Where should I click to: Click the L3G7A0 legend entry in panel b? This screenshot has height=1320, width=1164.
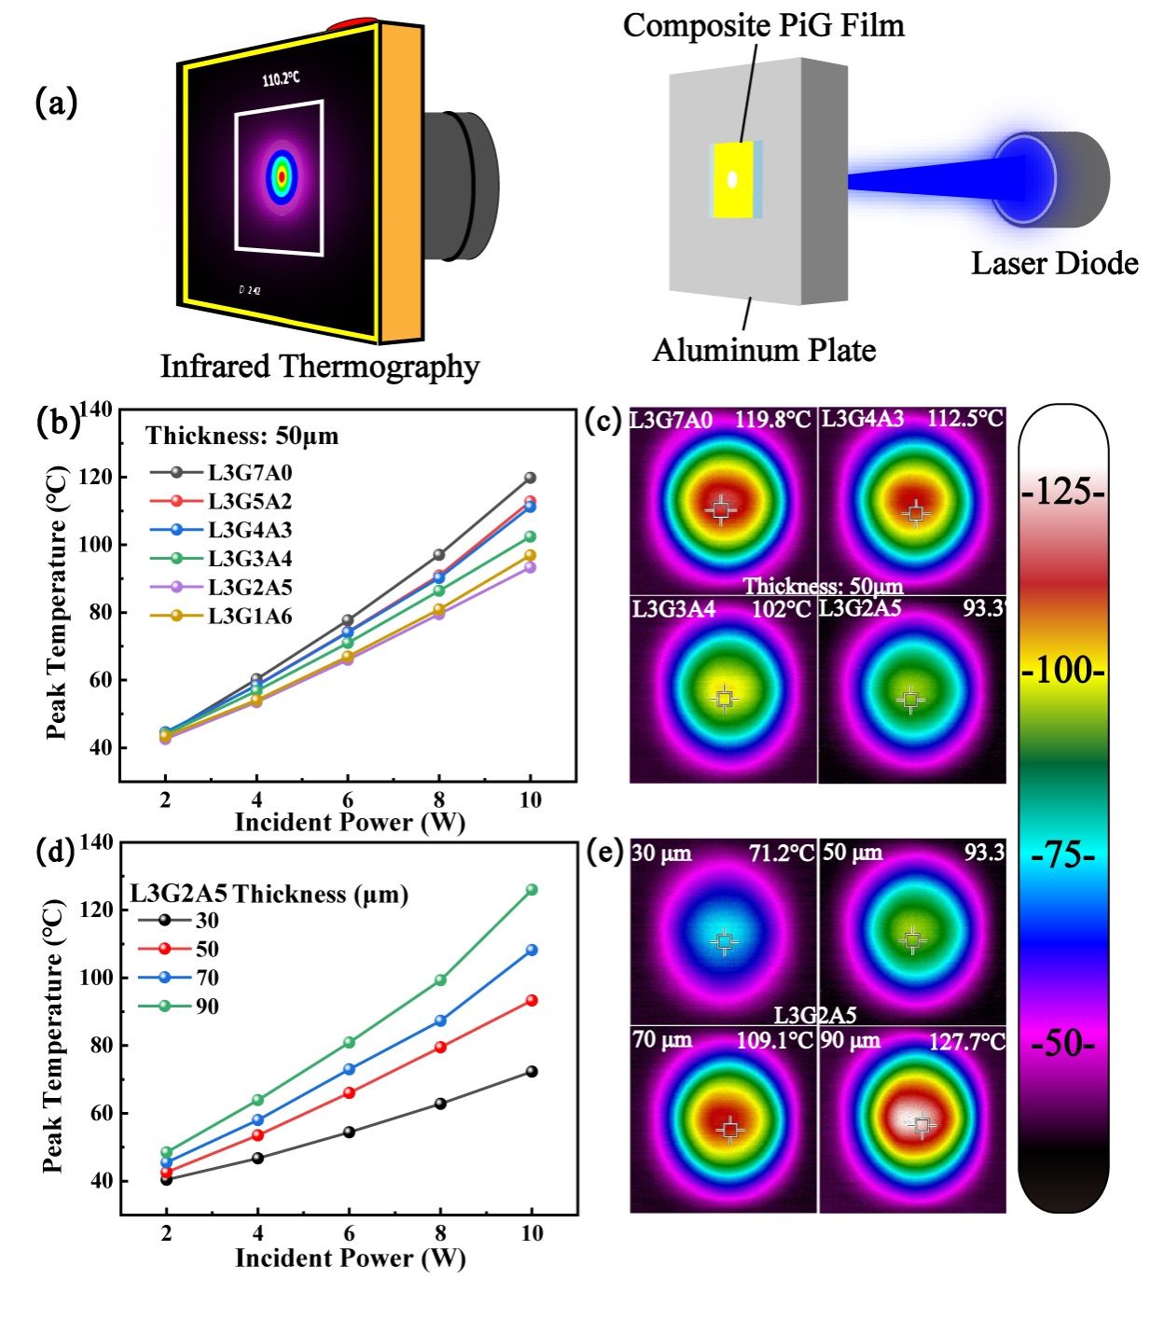coord(249,473)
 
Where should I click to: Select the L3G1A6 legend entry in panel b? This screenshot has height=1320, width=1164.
coord(249,617)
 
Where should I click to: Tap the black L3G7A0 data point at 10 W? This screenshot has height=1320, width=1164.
coord(531,478)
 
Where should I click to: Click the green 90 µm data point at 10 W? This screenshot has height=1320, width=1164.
coord(532,890)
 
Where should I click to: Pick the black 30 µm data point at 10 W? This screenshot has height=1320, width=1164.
coord(532,1072)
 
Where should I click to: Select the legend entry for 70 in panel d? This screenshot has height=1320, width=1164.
coord(207,978)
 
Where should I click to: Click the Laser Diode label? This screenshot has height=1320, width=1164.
coord(1055,264)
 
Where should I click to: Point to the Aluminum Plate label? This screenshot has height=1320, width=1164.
coord(764,351)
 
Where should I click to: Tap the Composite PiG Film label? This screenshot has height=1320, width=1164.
coord(763,25)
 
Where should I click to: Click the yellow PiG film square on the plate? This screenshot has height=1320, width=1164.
coord(733,180)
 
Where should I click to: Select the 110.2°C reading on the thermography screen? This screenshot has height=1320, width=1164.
coord(281,78)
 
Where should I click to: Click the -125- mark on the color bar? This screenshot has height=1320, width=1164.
coord(1062,492)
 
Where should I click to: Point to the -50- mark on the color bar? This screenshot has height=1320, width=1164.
coord(1062,1042)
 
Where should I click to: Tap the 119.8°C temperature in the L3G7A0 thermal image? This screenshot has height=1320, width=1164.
coord(772,420)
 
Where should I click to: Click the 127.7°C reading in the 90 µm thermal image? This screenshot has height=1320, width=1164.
coord(966,1041)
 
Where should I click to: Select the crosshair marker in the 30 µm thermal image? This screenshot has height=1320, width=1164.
coord(724,942)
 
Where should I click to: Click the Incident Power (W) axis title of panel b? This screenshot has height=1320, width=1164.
coord(350,823)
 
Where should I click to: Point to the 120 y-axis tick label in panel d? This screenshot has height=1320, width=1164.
coord(95,910)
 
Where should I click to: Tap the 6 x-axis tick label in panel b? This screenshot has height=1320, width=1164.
coord(348,800)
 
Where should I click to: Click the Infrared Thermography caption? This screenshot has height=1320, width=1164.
coord(319,367)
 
